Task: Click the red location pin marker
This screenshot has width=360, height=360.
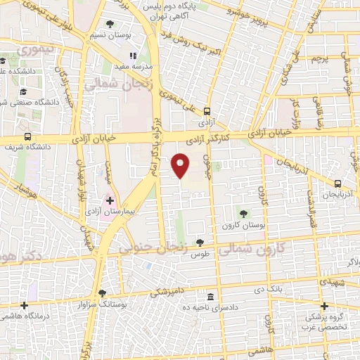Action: (181, 165)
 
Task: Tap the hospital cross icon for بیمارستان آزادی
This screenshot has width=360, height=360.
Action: (109, 200)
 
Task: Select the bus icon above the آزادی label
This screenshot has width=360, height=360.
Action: (206, 111)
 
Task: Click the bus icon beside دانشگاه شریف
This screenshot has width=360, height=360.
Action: (27, 137)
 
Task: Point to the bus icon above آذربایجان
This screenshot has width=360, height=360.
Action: (338, 184)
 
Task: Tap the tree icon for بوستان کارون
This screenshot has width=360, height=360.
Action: (243, 213)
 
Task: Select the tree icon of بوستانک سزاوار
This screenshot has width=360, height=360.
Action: (103, 293)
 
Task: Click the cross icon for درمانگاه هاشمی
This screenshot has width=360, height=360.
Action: (25, 306)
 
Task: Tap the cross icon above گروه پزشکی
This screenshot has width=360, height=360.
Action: (324, 306)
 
